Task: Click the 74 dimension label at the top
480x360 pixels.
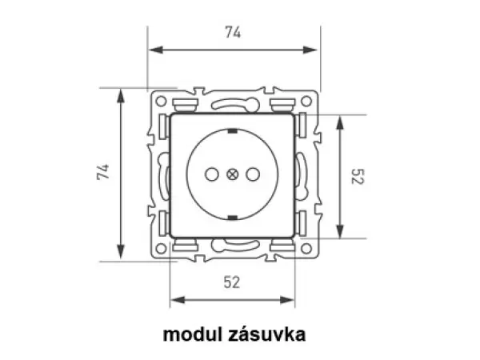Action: (x=233, y=33)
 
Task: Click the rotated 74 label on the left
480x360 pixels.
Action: (x=103, y=172)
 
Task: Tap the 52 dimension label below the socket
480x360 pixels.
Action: (x=232, y=281)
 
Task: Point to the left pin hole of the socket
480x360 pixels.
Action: (x=213, y=173)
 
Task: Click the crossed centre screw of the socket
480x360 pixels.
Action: (x=233, y=173)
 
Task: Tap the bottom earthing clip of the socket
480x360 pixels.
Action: (x=233, y=218)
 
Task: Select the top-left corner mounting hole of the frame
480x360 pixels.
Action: (x=162, y=102)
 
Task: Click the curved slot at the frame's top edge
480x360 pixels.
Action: (x=233, y=103)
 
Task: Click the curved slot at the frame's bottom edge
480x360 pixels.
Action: (x=233, y=244)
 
